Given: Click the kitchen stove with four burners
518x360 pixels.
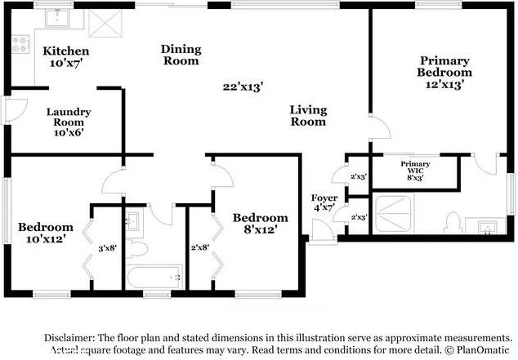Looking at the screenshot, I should tap(20, 45).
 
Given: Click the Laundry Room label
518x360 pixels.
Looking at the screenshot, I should tap(68, 122).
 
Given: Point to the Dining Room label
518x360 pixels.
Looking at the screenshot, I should tap(181, 55).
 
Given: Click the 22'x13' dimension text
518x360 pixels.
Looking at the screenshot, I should tap(243, 86).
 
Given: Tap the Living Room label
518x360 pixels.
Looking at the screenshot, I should tap(308, 116).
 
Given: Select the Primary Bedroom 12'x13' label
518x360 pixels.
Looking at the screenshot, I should tap(445, 72).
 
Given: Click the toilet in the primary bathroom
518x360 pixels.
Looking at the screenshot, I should tap(452, 221).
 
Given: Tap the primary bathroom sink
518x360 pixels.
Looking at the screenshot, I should tap(487, 225).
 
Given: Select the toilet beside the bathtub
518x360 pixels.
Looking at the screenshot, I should tap(137, 247).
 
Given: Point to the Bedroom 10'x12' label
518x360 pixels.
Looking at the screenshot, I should tap(46, 233).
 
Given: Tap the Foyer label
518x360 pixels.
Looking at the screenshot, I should tap(324, 202).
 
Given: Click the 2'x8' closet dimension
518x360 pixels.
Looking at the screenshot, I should tap(200, 247).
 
